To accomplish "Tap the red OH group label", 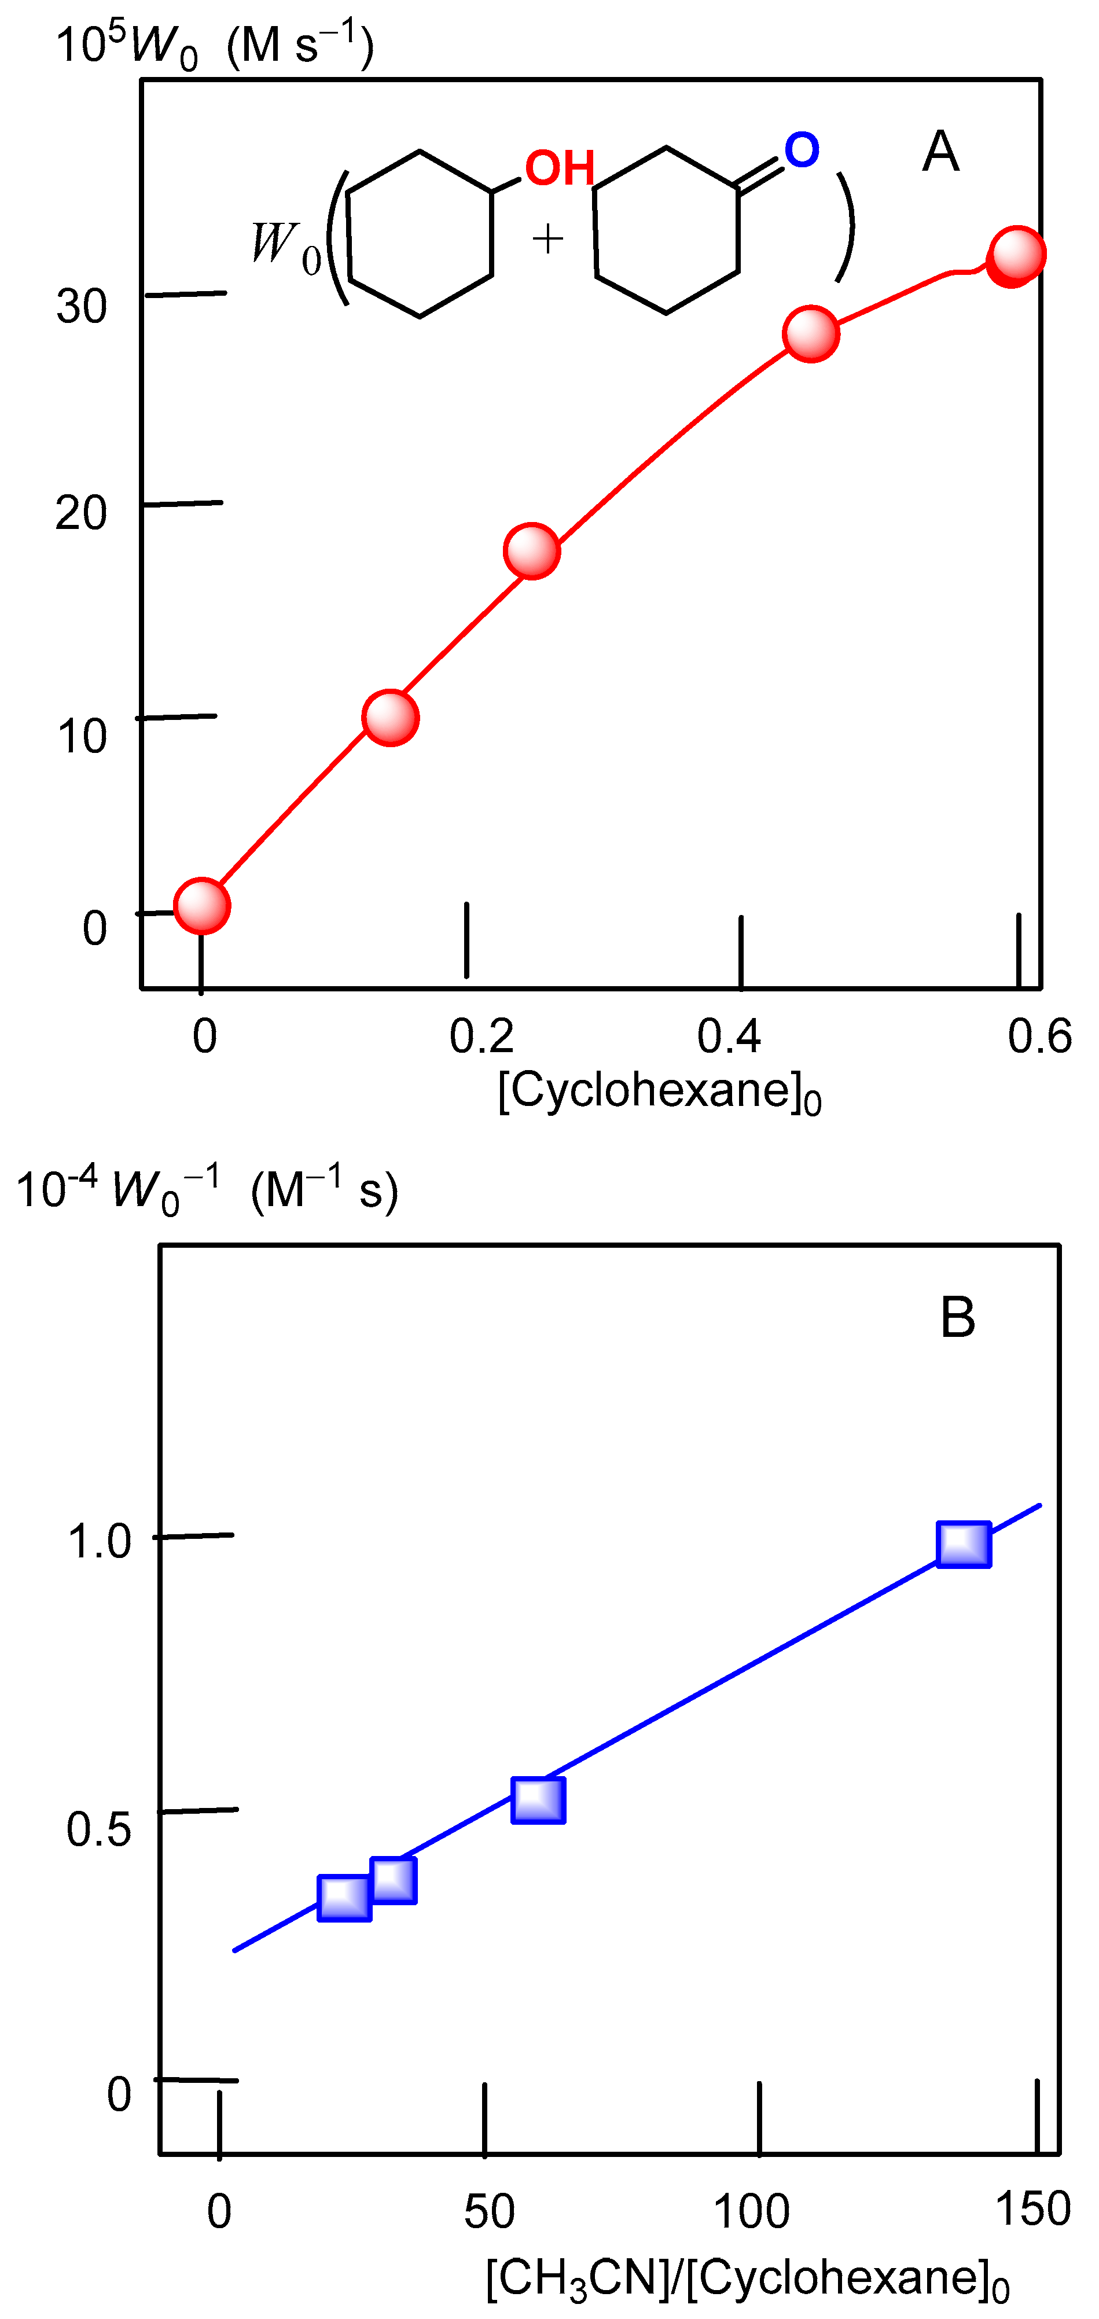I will [560, 168].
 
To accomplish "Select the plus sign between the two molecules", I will [547, 240].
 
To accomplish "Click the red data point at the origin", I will [201, 906].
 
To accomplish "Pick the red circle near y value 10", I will [389, 718].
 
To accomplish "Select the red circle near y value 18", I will [532, 551].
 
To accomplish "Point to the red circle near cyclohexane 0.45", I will [811, 334].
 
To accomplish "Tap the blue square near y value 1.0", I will [964, 1545].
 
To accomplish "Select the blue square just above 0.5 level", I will [538, 1800].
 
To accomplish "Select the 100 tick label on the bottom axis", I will [752, 2212].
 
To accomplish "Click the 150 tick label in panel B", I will [1033, 2209].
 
